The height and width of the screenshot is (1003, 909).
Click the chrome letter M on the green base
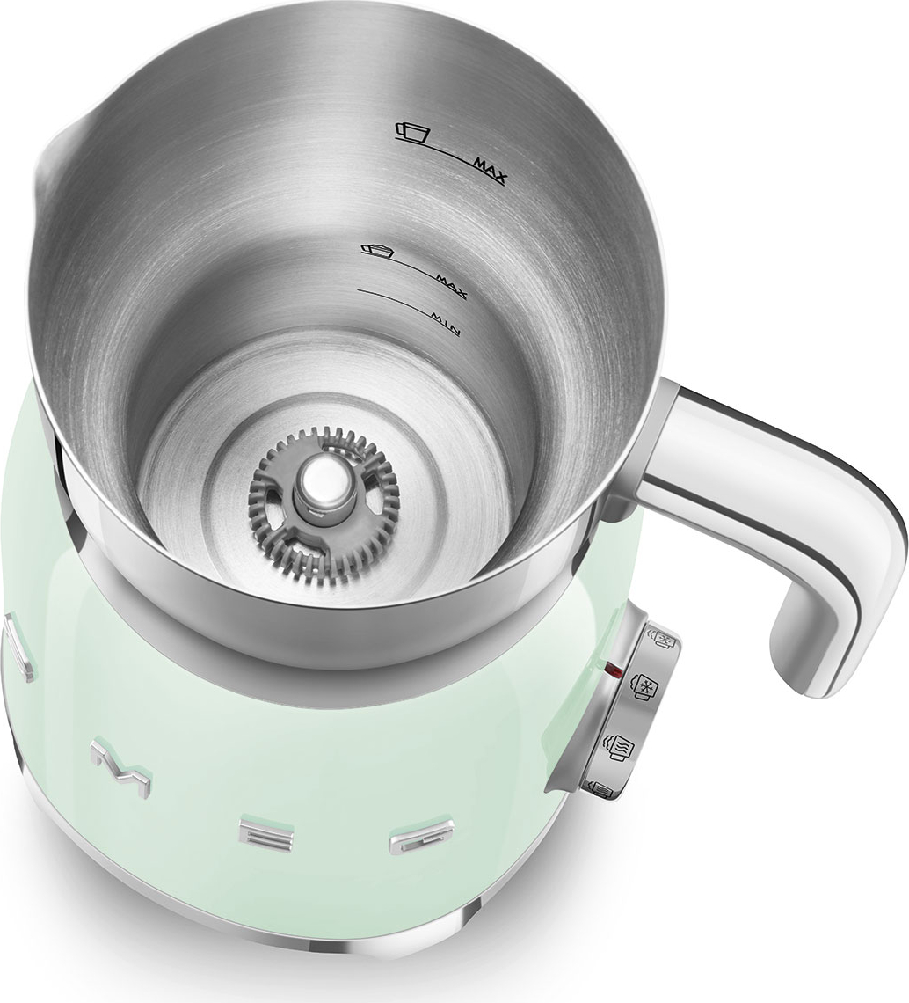coord(121,766)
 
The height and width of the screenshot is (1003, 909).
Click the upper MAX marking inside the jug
coord(489,171)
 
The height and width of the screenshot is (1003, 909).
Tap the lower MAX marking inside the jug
coord(451,287)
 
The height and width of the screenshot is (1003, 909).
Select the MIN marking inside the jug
coord(444,323)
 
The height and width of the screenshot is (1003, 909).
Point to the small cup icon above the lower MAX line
coord(376,250)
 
